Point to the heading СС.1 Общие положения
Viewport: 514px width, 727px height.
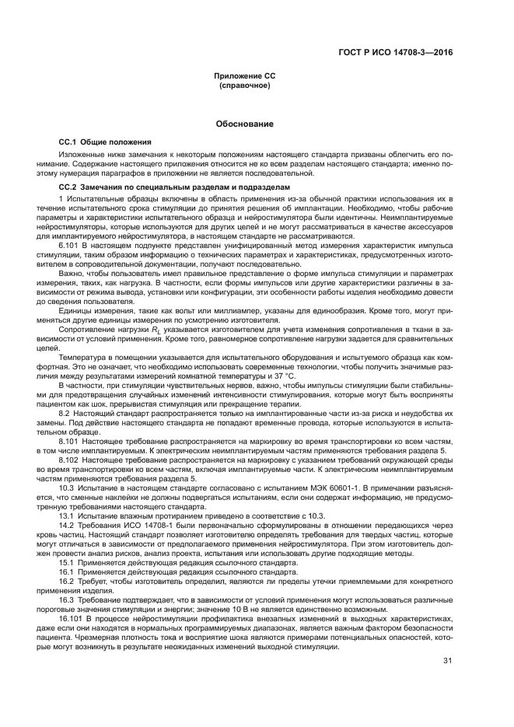[x=105, y=143]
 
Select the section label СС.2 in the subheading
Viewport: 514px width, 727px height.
[x=70, y=187]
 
